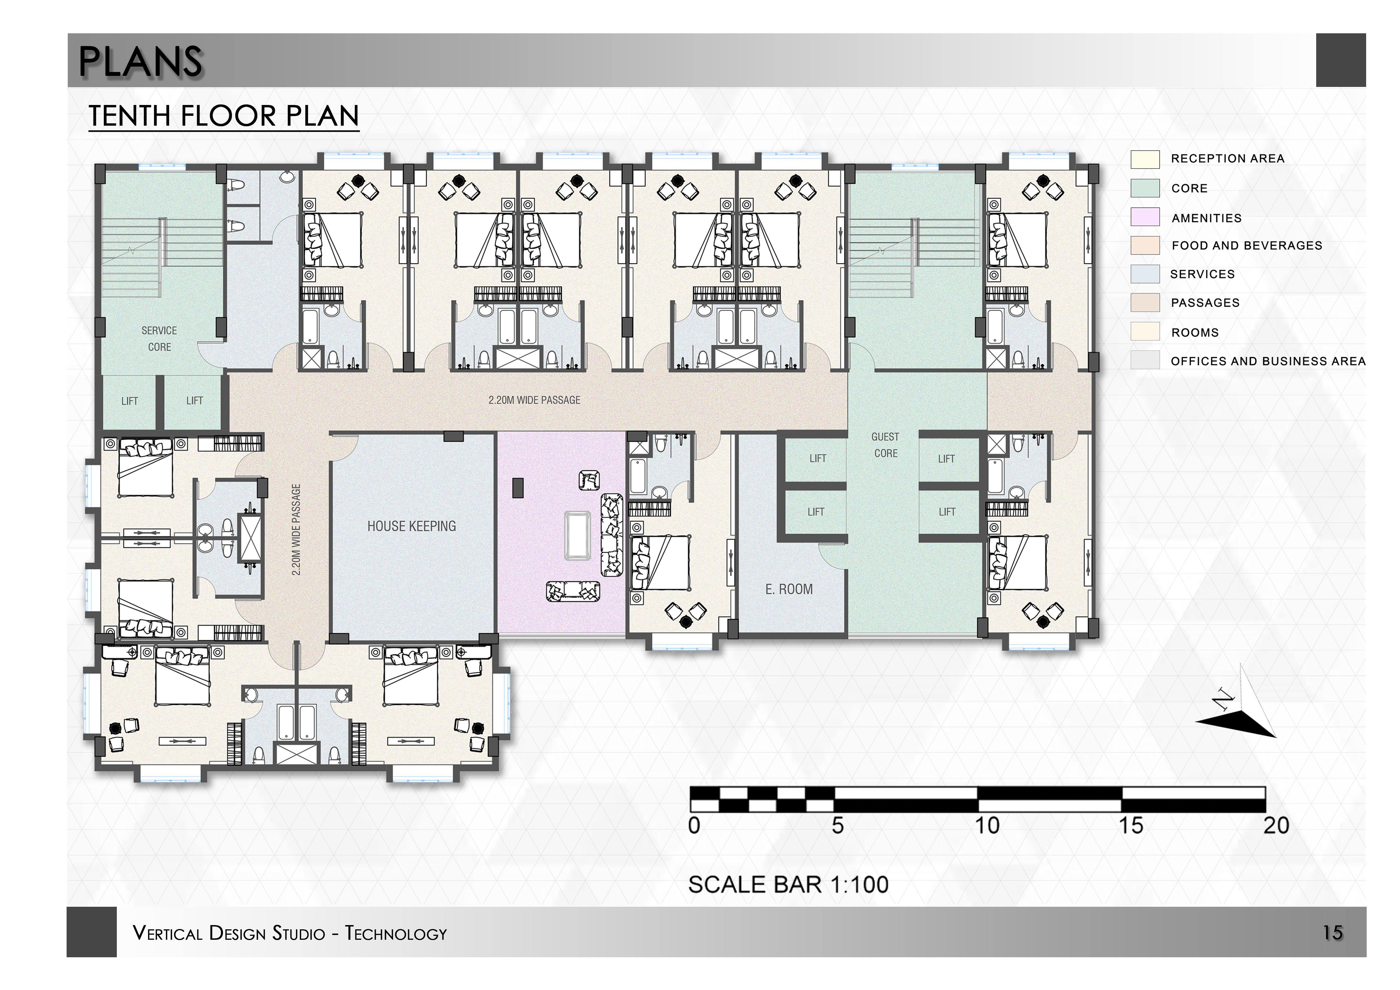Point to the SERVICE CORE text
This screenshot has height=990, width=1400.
pos(159,338)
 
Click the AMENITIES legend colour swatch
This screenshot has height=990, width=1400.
pos(1145,217)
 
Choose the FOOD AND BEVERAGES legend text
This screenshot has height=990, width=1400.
pos(1246,246)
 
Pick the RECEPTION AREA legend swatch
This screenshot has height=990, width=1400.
pos(1145,159)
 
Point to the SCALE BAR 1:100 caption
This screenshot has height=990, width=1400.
pos(788,884)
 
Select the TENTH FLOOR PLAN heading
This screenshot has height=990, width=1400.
pos(224,116)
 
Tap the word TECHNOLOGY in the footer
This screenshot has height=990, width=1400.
pos(396,933)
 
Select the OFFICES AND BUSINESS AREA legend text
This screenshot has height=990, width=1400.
pos(1268,362)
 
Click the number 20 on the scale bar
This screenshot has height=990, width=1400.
pos(1276,826)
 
